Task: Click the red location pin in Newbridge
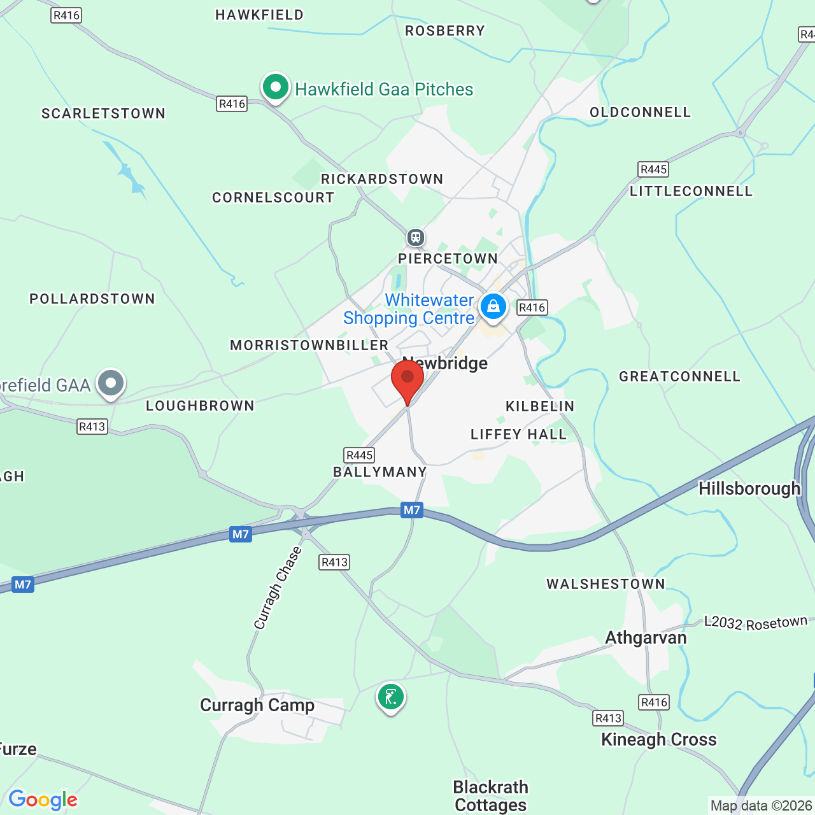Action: point(407,379)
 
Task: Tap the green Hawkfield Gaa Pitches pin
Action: point(276,87)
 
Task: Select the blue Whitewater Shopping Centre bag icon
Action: point(493,307)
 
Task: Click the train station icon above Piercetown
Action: point(416,237)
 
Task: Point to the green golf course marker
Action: point(391,697)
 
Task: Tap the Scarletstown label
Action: point(103,113)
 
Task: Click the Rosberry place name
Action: point(445,31)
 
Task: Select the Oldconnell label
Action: point(640,112)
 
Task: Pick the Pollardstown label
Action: point(92,299)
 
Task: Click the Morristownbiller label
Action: point(309,345)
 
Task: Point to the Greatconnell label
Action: point(680,376)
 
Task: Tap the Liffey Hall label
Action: point(518,434)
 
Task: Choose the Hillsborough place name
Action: point(749,488)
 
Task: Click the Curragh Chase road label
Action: point(278,588)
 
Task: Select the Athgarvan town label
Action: point(646,637)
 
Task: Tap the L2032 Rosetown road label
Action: point(756,622)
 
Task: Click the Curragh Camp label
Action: point(257,705)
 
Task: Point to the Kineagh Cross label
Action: point(659,739)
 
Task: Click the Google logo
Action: point(43,800)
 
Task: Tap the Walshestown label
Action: point(606,584)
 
